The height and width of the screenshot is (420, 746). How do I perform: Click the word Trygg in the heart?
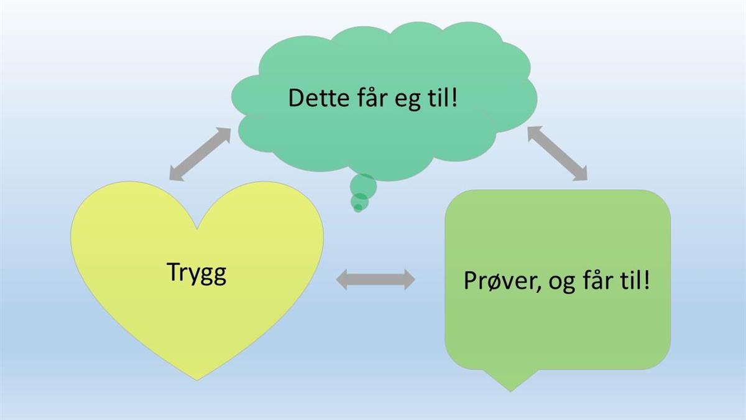click(x=197, y=273)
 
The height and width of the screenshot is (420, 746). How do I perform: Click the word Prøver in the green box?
click(x=500, y=281)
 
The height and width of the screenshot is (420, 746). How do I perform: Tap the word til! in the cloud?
click(x=442, y=98)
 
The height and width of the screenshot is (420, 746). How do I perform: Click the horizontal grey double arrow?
click(x=375, y=279)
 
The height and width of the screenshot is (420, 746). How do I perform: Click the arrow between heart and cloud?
click(x=200, y=154)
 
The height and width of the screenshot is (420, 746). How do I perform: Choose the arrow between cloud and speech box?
click(x=558, y=153)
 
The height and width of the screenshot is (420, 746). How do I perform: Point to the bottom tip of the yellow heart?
click(x=197, y=380)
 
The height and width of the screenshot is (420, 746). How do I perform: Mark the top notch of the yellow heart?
click(x=197, y=228)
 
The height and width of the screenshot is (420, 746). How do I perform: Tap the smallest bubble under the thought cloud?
click(x=357, y=208)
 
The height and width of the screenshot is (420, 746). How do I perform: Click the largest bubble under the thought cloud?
click(x=363, y=187)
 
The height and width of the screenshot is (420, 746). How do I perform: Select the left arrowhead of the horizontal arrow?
click(x=342, y=279)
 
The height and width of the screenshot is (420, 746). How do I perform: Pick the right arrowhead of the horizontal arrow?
click(x=409, y=279)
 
